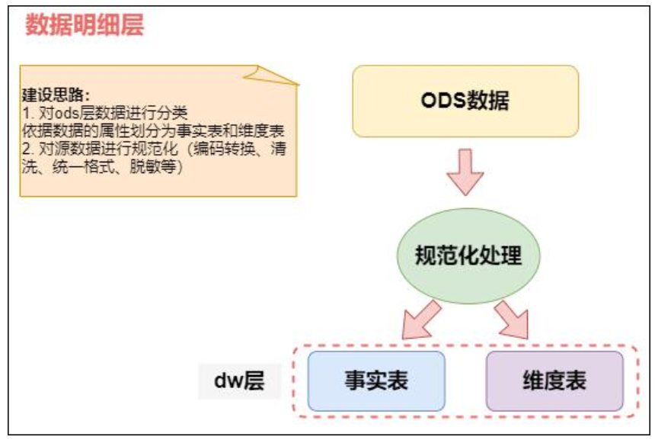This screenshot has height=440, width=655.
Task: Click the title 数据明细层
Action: [85, 25]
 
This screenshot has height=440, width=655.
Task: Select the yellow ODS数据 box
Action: [465, 101]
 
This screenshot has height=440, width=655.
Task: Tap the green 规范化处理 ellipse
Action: [468, 255]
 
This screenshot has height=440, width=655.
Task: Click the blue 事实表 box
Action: [375, 381]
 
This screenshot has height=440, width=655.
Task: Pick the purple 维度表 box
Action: [554, 381]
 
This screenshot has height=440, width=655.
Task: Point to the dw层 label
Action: [239, 381]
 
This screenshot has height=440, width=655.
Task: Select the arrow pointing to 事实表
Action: [420, 319]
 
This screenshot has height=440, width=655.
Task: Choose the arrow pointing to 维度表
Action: [511, 319]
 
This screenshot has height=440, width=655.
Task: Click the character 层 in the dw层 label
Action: [254, 381]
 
